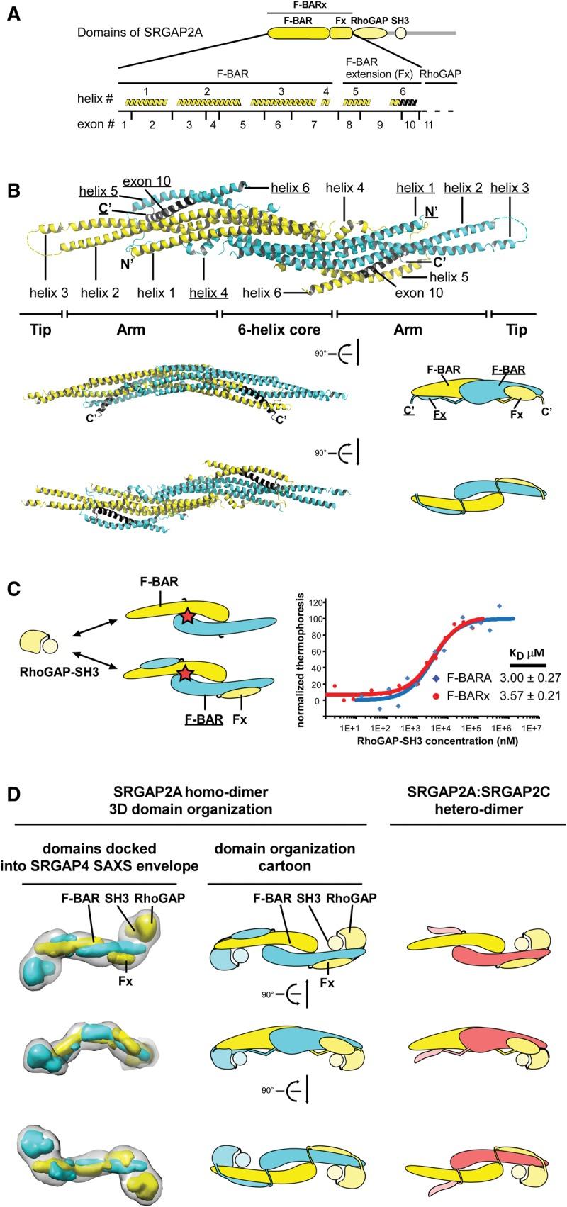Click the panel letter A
pos(13,13)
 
